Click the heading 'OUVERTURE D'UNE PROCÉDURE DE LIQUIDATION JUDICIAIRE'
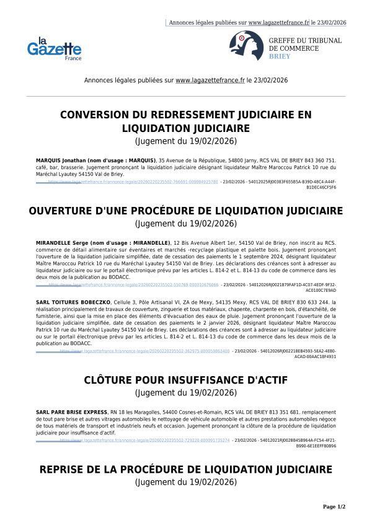point(186,211)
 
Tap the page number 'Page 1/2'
point(334,507)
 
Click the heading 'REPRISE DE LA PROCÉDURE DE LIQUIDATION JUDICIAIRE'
point(186,470)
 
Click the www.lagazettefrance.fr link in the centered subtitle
point(210,81)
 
